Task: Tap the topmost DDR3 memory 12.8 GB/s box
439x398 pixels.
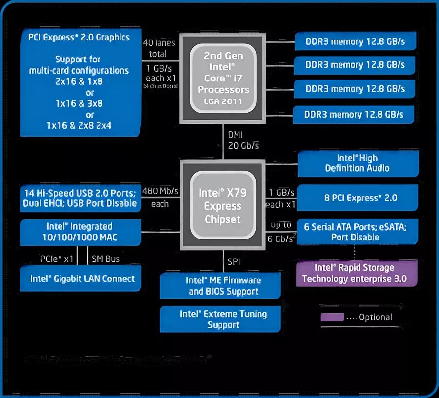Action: point(355,41)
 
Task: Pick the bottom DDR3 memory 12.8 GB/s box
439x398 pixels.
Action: point(354,115)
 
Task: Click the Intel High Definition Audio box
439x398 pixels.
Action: point(358,163)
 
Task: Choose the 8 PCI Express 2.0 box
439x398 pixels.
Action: point(358,198)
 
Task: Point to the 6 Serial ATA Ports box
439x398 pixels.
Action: point(358,231)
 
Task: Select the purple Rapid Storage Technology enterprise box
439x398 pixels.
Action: point(357,273)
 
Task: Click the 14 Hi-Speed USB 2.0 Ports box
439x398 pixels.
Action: point(80,198)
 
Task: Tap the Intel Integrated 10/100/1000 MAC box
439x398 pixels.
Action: point(80,232)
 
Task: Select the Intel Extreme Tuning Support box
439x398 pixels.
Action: point(220,319)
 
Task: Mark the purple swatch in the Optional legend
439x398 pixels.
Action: point(332,317)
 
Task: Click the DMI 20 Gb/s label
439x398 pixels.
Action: point(242,140)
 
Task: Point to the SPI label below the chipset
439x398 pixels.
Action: point(234,262)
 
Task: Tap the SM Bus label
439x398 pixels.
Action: point(105,259)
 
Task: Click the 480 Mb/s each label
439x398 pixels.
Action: point(160,197)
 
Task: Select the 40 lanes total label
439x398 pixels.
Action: point(155,48)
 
